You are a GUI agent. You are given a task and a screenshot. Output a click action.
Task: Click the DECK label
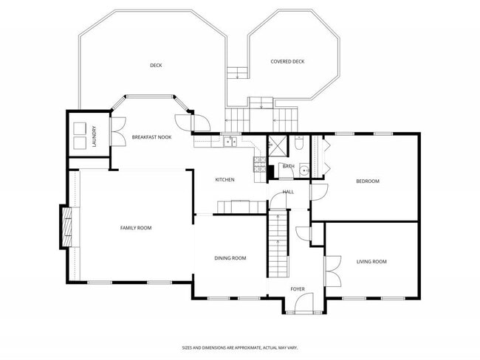(156, 65)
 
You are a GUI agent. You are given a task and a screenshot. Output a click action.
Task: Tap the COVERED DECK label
(287, 61)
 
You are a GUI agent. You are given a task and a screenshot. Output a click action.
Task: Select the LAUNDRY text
(95, 136)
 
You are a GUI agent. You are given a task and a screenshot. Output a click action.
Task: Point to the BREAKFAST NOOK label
(151, 137)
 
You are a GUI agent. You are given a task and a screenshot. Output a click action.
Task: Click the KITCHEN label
(224, 179)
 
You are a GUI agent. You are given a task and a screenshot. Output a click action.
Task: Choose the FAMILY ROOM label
(136, 228)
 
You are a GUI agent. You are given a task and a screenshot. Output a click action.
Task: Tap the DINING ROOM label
(230, 258)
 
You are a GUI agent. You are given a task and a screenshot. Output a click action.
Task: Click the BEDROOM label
(368, 181)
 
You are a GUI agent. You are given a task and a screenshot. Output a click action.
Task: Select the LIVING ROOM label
(371, 261)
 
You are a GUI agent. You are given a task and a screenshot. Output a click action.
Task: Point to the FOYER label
(298, 289)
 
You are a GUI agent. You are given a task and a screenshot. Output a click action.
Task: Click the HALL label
(288, 192)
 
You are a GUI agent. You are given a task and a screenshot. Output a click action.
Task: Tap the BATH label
(288, 166)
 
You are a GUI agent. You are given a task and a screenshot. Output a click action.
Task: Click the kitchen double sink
(230, 142)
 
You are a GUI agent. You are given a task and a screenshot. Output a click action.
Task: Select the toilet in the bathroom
(299, 142)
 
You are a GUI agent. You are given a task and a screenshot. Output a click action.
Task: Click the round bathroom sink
(304, 170)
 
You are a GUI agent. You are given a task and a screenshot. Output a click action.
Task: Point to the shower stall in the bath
(278, 145)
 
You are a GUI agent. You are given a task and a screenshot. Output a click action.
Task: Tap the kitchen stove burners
(260, 165)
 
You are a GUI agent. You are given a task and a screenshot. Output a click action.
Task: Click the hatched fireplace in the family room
(67, 227)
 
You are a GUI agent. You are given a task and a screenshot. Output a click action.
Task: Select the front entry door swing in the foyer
(304, 302)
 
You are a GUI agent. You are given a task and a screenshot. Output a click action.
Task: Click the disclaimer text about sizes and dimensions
(240, 347)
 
